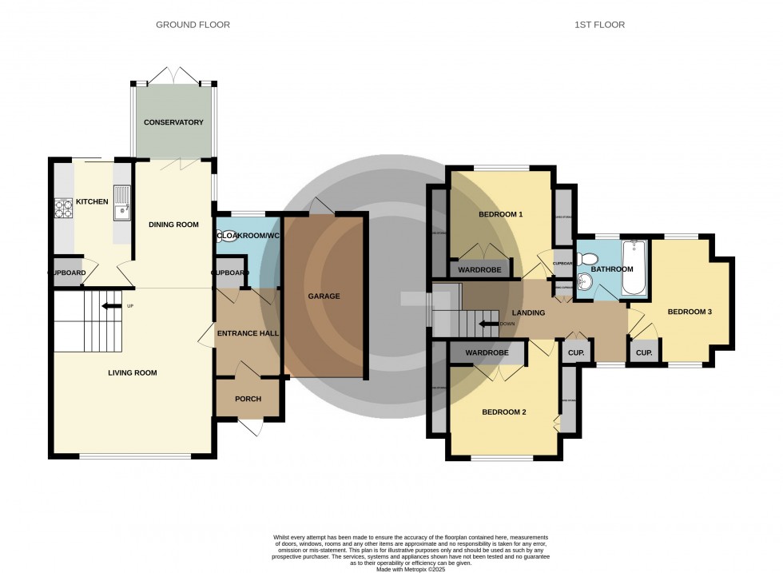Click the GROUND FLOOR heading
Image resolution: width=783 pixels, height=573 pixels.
[193, 25]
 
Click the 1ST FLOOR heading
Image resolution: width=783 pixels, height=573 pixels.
[598, 25]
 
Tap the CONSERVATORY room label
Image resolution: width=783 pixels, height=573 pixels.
[173, 122]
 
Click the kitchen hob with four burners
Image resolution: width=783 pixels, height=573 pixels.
[64, 208]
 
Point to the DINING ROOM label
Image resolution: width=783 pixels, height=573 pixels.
[173, 225]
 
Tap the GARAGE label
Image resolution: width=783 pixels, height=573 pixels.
[324, 296]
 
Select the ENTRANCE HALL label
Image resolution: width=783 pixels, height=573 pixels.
[248, 332]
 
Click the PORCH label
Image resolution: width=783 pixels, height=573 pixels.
[248, 399]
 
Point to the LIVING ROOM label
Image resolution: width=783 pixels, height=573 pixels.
[133, 372]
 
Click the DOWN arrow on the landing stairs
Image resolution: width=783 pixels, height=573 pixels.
[487, 324]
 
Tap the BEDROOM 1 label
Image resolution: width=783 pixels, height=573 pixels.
[500, 214]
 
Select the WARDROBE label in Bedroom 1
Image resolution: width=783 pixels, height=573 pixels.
[481, 269]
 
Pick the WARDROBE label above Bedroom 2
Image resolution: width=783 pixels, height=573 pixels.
[487, 352]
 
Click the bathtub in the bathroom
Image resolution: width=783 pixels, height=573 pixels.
[637, 268]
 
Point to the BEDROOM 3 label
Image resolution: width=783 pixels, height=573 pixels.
[690, 312]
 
